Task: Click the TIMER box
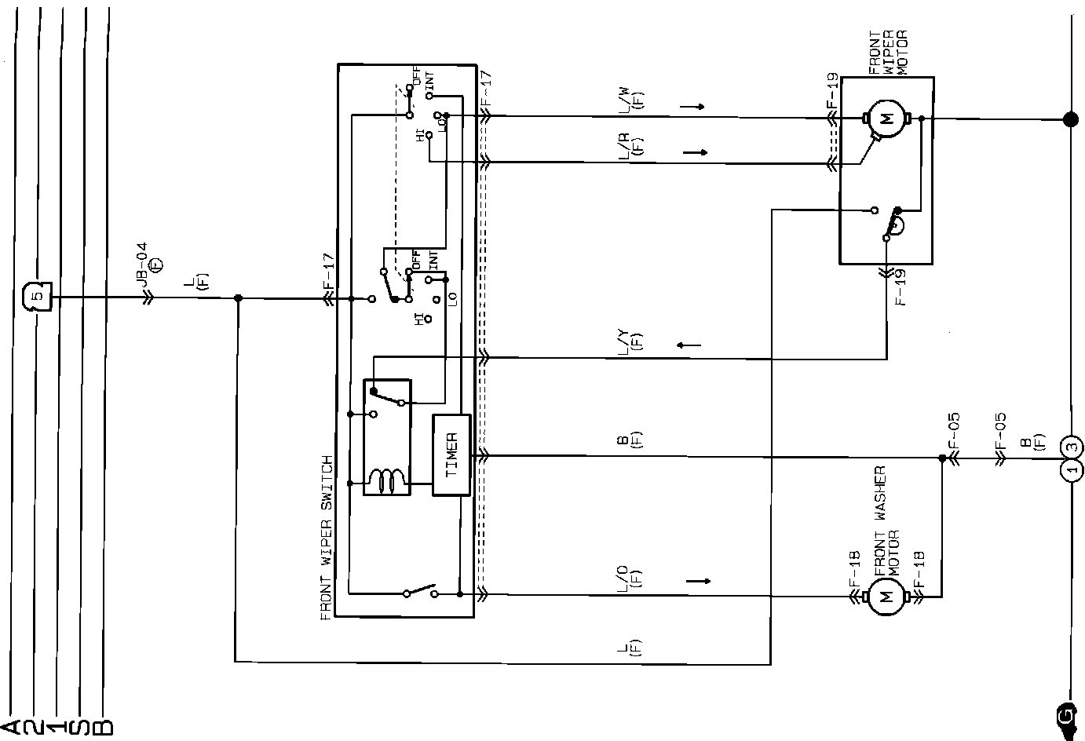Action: click(x=451, y=454)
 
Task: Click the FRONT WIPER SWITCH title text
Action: click(x=327, y=538)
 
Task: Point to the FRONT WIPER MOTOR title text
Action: click(x=887, y=53)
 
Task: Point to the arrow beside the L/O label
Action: click(x=697, y=581)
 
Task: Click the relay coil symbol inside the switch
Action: click(x=387, y=480)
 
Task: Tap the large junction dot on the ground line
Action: click(x=1069, y=119)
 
